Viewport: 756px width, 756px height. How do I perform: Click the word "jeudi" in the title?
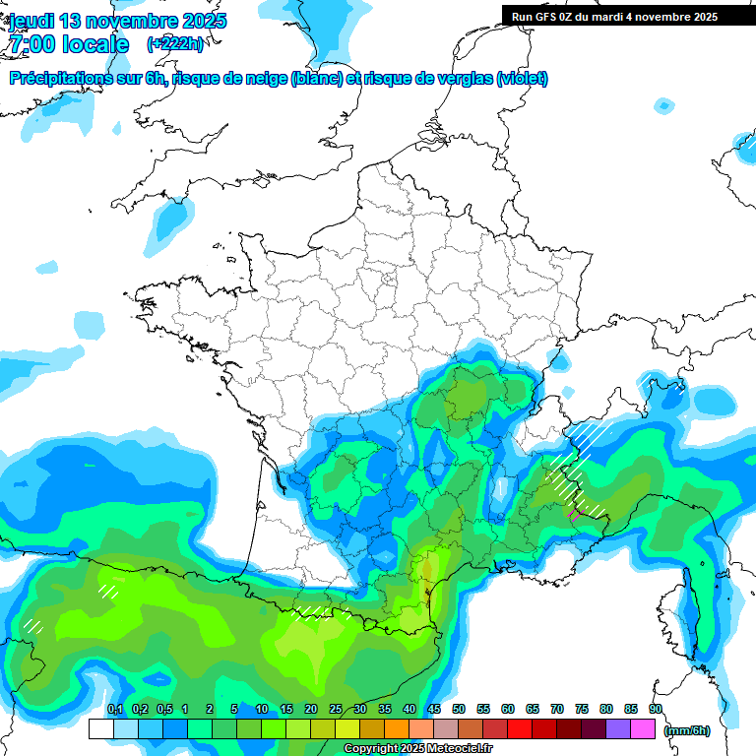[x=31, y=21]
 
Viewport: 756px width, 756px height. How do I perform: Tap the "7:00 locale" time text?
[x=69, y=44]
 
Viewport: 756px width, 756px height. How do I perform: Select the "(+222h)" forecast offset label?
[x=175, y=44]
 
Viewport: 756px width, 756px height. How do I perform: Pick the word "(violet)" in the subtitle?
[x=523, y=79]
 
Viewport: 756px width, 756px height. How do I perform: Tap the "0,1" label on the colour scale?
[x=114, y=710]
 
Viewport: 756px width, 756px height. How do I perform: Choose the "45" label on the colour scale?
[x=434, y=710]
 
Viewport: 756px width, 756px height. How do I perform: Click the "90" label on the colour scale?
[x=655, y=710]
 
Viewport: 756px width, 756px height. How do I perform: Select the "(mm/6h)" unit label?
[x=686, y=730]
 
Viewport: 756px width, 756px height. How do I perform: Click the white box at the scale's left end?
[x=100, y=728]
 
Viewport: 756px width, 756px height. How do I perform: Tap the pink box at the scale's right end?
[x=643, y=728]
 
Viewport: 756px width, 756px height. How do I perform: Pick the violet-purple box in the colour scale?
[x=618, y=728]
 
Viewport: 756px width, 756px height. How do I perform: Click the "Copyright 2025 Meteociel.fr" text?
[x=417, y=748]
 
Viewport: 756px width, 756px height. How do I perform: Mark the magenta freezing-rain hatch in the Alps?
[x=575, y=513]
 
